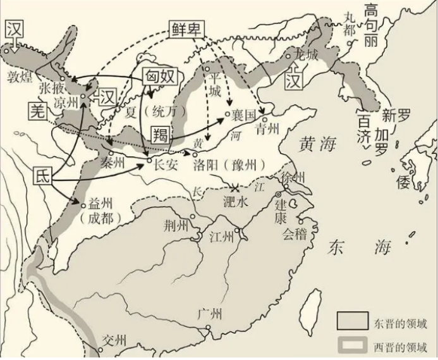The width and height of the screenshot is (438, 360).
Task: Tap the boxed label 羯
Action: point(160,134)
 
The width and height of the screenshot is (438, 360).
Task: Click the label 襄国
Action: point(243,115)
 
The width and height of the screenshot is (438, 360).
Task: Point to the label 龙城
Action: point(307,54)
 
